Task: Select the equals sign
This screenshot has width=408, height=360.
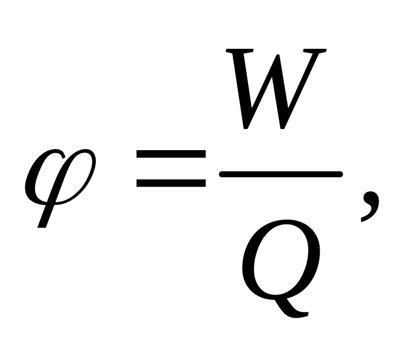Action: pyautogui.click(x=170, y=169)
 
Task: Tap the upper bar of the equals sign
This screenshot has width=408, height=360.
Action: pyautogui.click(x=170, y=155)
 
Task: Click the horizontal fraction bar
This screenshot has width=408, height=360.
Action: pyautogui.click(x=280, y=173)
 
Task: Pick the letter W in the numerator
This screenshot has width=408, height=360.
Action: pyautogui.click(x=276, y=89)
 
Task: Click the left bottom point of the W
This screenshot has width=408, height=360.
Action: pyautogui.click(x=247, y=128)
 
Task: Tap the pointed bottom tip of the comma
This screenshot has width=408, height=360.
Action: pyautogui.click(x=361, y=222)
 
